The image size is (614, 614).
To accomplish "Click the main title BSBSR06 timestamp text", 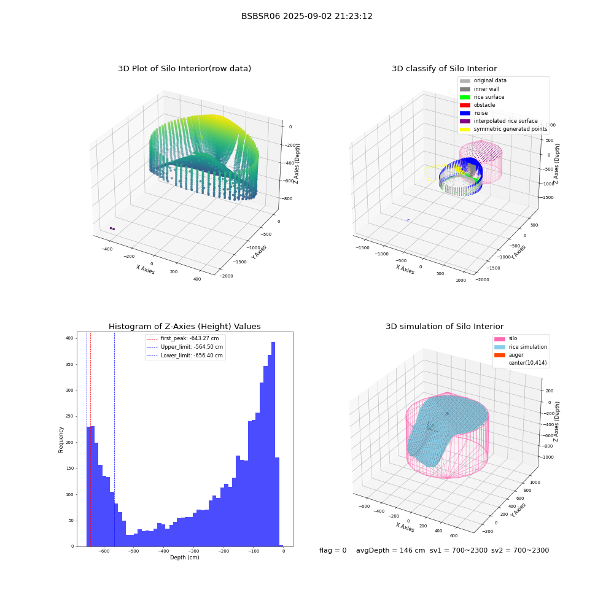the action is pos(306,16).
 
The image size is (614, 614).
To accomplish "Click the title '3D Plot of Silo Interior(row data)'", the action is pos(184,69).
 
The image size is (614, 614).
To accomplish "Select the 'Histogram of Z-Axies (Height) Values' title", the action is pos(184,326).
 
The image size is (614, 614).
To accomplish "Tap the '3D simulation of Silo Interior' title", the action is pos(445,326).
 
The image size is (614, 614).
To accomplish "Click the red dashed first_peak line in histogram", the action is pos(90,439).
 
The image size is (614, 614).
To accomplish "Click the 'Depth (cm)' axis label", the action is pos(184,558).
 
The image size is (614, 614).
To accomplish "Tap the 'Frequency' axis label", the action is pos(61,440).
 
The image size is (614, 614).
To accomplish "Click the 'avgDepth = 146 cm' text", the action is pos(391,550).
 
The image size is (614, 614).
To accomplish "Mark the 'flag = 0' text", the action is pos(333,550).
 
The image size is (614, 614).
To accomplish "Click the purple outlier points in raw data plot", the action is pos(112,228).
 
